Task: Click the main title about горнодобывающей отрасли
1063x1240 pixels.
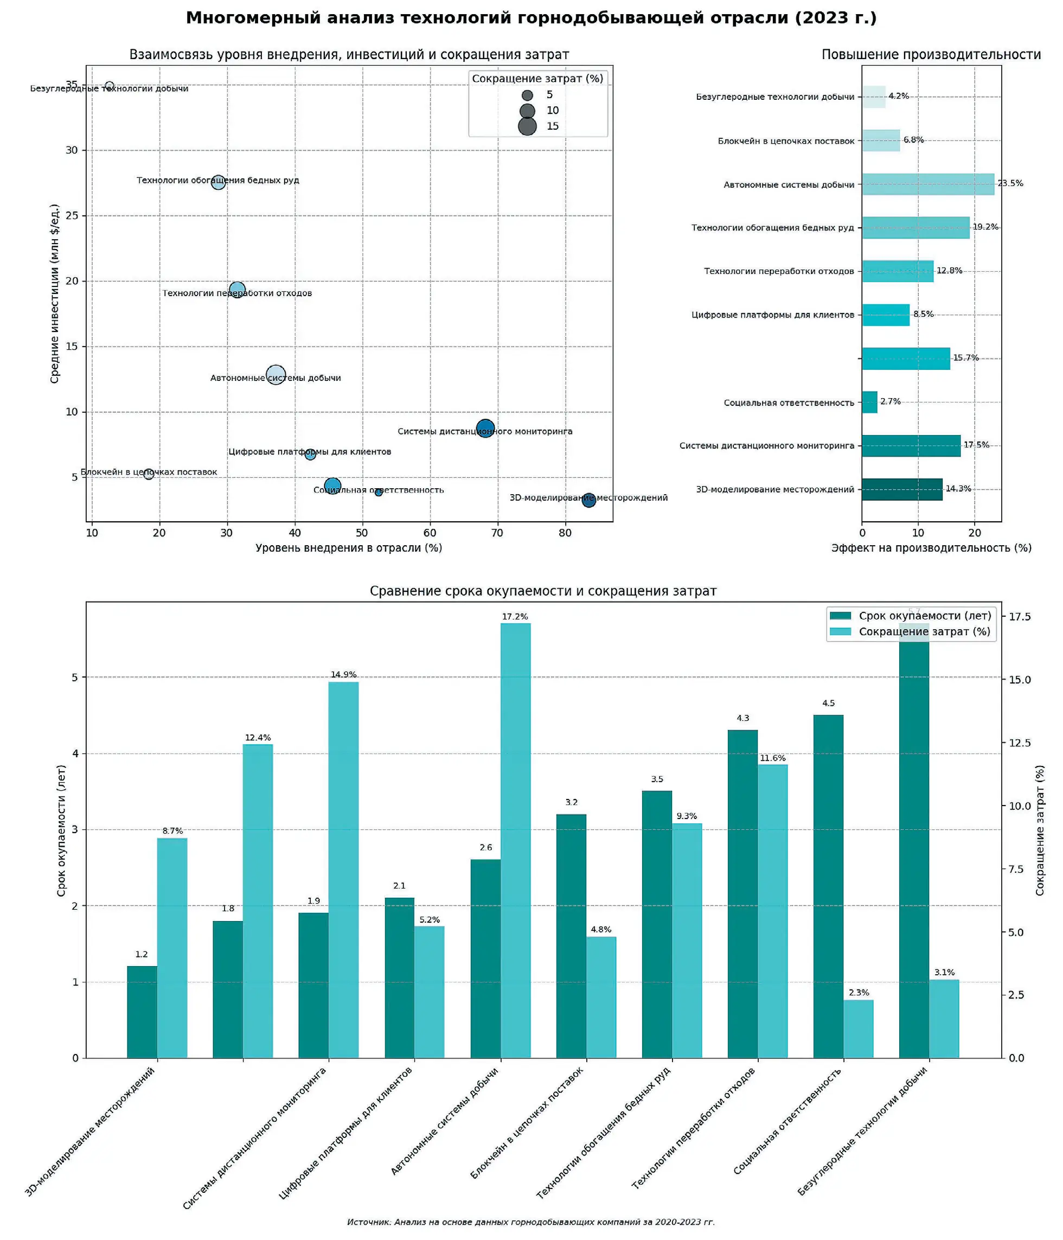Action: pyautogui.click(x=530, y=18)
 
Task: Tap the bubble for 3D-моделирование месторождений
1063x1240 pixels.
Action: pyautogui.click(x=588, y=500)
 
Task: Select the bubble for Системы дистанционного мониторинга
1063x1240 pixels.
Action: pyautogui.click(x=485, y=429)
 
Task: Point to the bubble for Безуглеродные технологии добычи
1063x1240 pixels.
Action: pyautogui.click(x=110, y=86)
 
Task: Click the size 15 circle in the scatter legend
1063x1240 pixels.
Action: pyautogui.click(x=527, y=126)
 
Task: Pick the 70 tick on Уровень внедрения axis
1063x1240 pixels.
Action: pyautogui.click(x=497, y=533)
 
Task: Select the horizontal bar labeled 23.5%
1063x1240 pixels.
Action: pyautogui.click(x=927, y=184)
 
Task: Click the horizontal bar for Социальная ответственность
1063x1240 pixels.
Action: pyautogui.click(x=869, y=402)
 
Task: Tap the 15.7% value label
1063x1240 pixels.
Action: pyautogui.click(x=965, y=358)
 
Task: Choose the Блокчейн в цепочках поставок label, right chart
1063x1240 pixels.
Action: pyautogui.click(x=785, y=141)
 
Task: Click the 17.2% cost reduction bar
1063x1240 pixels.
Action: pyautogui.click(x=515, y=838)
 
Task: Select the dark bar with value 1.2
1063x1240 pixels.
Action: pyautogui.click(x=142, y=1012)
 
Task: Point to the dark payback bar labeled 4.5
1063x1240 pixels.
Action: pyautogui.click(x=828, y=886)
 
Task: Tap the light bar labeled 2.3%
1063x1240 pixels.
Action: pyautogui.click(x=858, y=1028)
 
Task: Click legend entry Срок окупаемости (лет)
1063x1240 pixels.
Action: pyautogui.click(x=924, y=616)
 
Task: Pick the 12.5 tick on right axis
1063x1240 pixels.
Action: pyautogui.click(x=1019, y=743)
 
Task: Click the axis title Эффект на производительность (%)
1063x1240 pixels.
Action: pyautogui.click(x=931, y=548)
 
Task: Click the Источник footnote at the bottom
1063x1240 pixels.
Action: pyautogui.click(x=530, y=1222)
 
